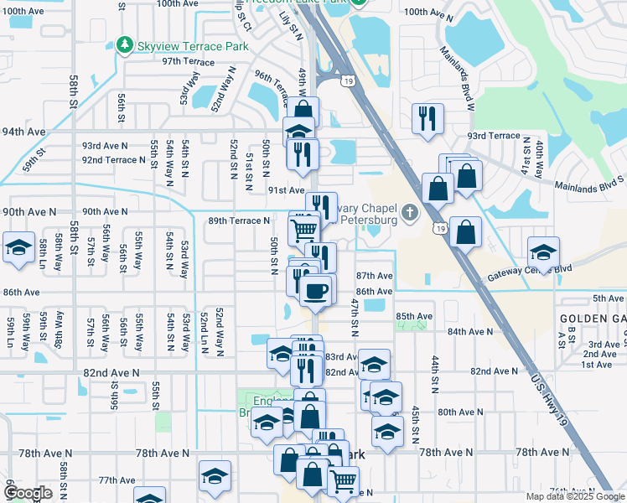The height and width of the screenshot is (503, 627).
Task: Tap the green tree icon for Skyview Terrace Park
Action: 125,44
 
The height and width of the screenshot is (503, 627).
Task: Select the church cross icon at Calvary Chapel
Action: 409,212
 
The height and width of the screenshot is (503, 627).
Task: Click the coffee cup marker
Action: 315,291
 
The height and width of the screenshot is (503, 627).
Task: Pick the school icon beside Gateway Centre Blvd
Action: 543,251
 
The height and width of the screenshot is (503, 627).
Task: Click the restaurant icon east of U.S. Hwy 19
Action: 428,118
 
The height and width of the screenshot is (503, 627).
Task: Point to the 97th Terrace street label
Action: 189,62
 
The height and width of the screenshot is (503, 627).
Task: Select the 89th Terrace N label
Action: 239,220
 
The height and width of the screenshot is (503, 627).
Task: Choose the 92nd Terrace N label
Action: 114,160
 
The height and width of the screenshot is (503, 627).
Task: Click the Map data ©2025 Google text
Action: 574,496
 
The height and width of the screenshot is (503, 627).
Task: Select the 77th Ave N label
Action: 117,480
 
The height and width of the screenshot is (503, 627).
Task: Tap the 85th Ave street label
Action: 414,316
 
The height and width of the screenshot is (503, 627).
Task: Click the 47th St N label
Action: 355,312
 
